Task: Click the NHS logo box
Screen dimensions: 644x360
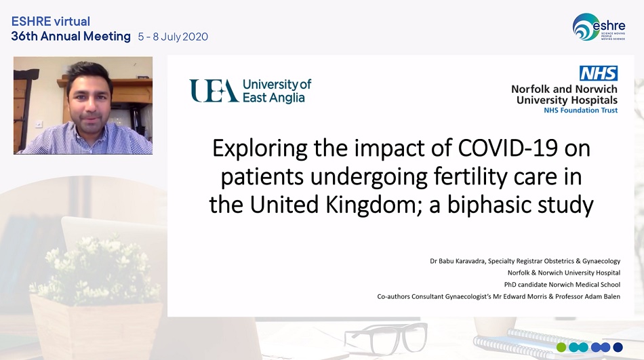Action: (x=599, y=73)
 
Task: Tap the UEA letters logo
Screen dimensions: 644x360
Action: (x=214, y=91)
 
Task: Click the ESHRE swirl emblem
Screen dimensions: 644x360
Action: (x=586, y=26)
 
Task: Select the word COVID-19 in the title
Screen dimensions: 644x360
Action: (x=508, y=148)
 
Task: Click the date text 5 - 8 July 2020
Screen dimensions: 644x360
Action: (x=173, y=37)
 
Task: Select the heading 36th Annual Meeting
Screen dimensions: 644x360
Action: (x=71, y=36)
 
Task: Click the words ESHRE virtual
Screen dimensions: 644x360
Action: (x=51, y=22)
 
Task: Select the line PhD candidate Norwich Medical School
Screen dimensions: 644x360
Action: (x=562, y=284)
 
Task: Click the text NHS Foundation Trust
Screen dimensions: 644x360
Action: (x=581, y=110)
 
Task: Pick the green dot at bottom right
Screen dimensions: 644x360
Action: (x=561, y=347)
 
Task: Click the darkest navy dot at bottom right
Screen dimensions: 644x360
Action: (x=618, y=347)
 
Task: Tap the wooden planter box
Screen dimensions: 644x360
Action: (x=97, y=327)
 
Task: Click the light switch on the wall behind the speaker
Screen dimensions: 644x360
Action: (x=39, y=123)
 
